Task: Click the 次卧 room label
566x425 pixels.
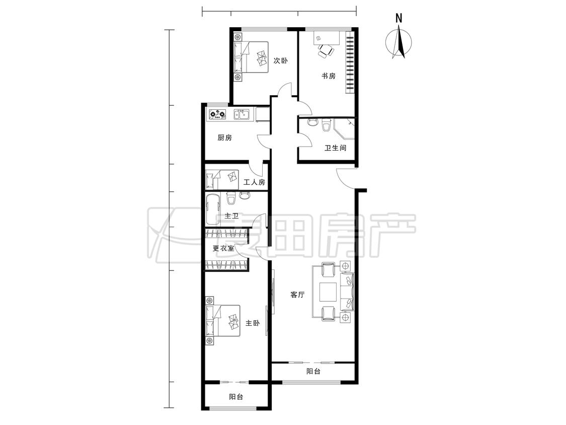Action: pyautogui.click(x=280, y=60)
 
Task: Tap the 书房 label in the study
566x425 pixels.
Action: pyautogui.click(x=329, y=76)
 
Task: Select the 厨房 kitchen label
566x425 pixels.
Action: pyautogui.click(x=224, y=137)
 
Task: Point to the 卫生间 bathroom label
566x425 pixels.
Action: pyautogui.click(x=336, y=148)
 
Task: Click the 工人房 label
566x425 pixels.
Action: pyautogui.click(x=254, y=182)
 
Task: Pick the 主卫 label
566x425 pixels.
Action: pyautogui.click(x=231, y=216)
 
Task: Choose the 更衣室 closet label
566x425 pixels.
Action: pyautogui.click(x=223, y=248)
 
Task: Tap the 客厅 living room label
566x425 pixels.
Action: pyautogui.click(x=297, y=295)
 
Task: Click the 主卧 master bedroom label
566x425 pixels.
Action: pyautogui.click(x=253, y=323)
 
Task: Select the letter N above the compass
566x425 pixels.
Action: pyautogui.click(x=398, y=18)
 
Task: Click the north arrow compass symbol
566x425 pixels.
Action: pyautogui.click(x=399, y=43)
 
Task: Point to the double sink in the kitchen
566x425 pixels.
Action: pyautogui.click(x=241, y=115)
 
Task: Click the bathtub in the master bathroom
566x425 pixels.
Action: pyautogui.click(x=213, y=209)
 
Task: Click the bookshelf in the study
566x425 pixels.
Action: pyautogui.click(x=350, y=62)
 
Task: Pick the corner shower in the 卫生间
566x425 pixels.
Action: pyautogui.click(x=344, y=128)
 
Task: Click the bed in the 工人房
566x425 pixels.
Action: pyautogui.click(x=222, y=179)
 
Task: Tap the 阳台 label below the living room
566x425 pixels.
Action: pyautogui.click(x=313, y=371)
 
